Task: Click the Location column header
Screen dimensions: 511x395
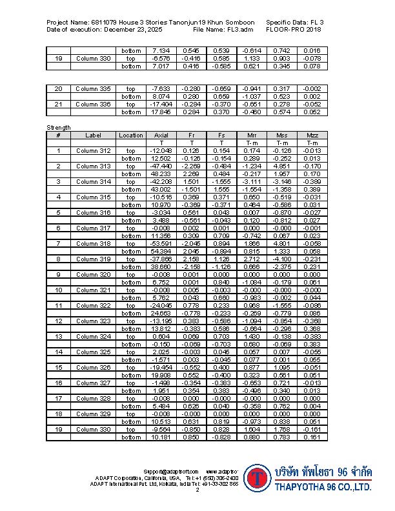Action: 131,135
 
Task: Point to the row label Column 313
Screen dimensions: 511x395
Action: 94,166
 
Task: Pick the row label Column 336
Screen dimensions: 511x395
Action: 94,105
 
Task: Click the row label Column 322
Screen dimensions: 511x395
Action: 94,305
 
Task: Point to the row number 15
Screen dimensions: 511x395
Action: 58,367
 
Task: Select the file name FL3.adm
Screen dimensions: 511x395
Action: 238,30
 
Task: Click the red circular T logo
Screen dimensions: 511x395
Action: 258,478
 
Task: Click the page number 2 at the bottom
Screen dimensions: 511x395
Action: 197,490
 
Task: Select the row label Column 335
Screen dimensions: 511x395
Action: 94,89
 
